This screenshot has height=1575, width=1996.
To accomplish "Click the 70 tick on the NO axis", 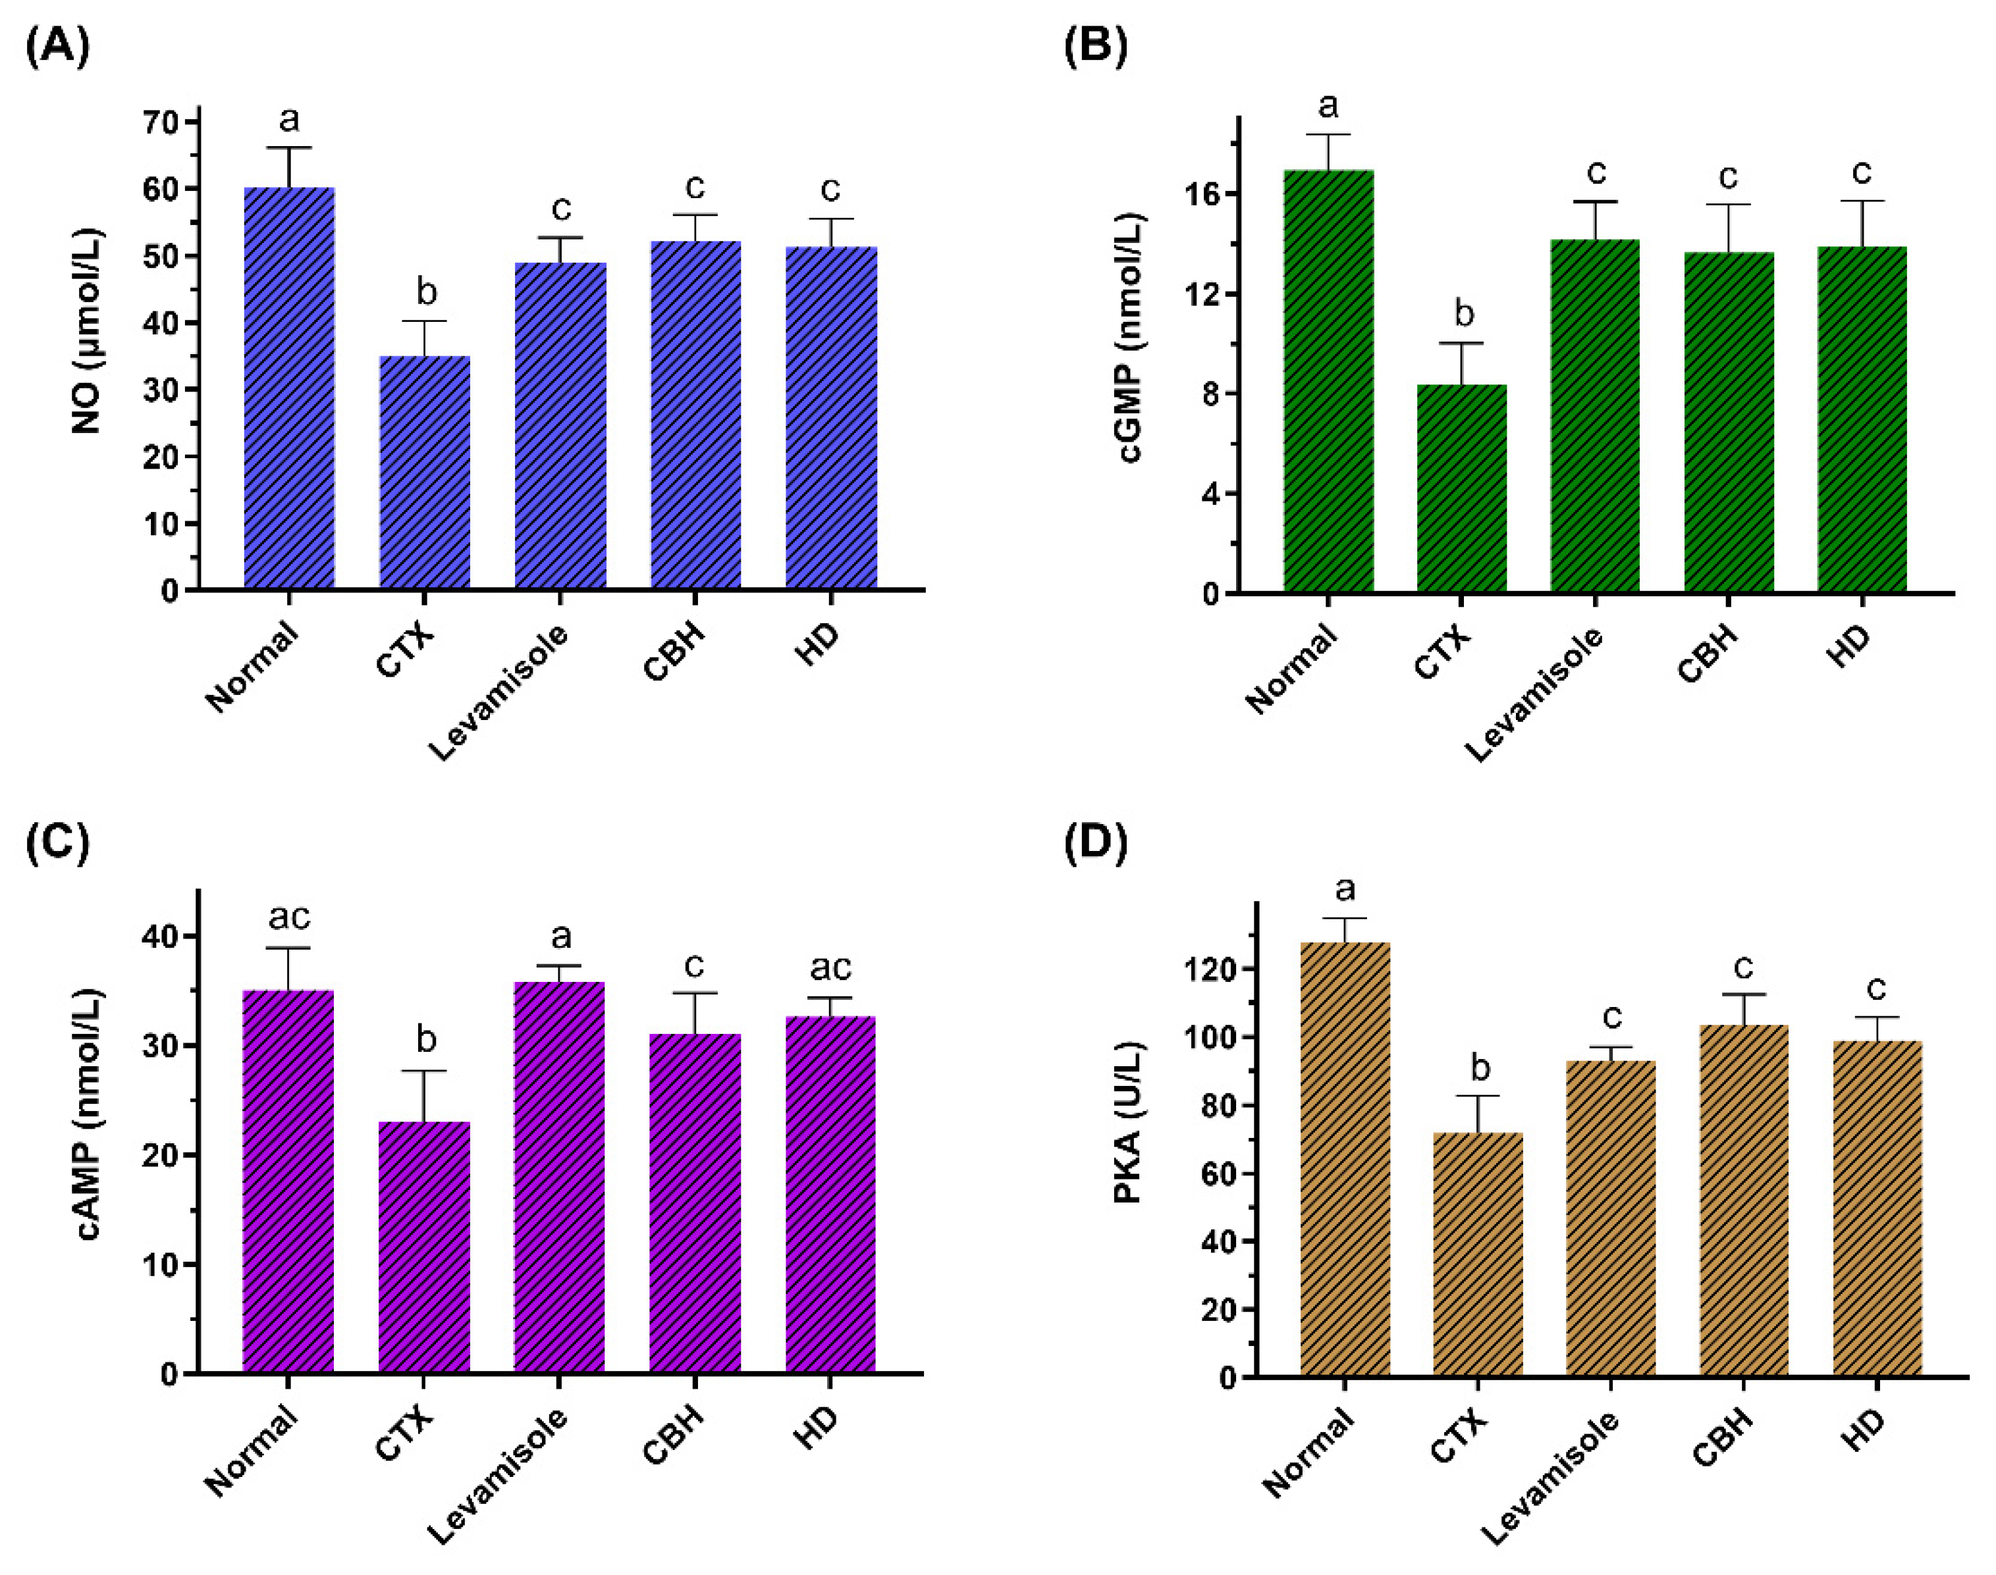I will coord(159,122).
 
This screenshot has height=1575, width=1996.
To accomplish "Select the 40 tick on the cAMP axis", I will coord(159,937).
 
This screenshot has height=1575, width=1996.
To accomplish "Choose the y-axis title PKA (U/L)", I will coord(1127,1123).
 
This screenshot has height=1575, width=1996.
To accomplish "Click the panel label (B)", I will coord(1095,46).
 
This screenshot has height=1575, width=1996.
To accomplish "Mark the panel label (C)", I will coord(57,843).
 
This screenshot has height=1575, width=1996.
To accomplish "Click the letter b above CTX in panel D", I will coord(1480,1067).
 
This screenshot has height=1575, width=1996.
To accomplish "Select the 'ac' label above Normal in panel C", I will coord(288,917).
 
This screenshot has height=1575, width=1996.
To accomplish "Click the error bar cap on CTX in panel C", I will coord(424,1072).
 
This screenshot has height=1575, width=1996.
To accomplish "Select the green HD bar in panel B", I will coord(1862,419).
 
